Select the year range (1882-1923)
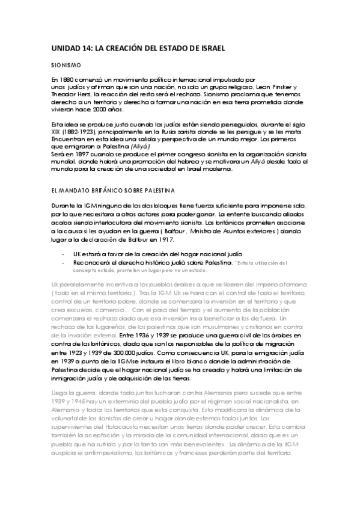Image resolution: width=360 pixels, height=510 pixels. point(78,132)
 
